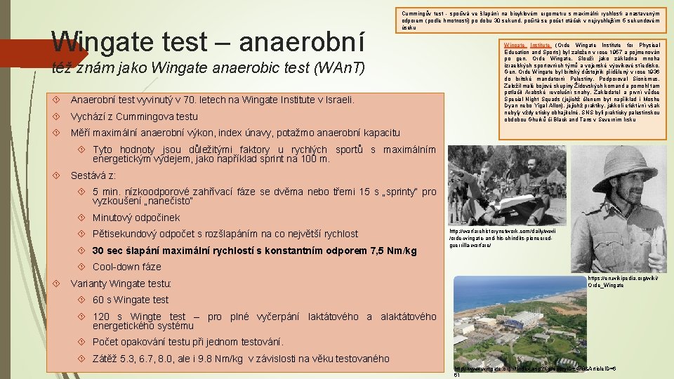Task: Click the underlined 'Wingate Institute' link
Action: coord(526,45)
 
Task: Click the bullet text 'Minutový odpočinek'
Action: coord(136,218)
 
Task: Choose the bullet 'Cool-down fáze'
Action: coord(127,267)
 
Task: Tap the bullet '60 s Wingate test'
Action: coord(131,300)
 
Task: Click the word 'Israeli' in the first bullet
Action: coord(338,100)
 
